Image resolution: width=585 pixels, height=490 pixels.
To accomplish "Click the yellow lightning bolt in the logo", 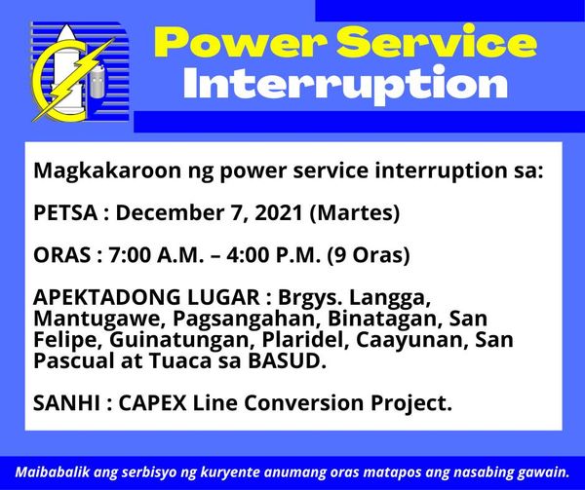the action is (74, 79).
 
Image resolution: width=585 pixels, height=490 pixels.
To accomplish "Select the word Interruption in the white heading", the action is (346, 84).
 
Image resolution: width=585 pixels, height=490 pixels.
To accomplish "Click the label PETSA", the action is (65, 213).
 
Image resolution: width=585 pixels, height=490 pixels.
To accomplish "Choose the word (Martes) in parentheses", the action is (355, 213).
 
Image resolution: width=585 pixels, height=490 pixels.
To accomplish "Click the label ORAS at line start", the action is (62, 255).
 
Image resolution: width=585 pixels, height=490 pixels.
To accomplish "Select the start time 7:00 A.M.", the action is (156, 255).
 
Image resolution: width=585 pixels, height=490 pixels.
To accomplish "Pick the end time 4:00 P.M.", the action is (273, 255).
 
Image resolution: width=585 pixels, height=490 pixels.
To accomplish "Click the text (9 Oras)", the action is (369, 255).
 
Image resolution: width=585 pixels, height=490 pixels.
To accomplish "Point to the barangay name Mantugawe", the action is (99, 319).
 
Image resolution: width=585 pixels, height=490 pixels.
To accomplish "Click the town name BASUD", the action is (285, 361).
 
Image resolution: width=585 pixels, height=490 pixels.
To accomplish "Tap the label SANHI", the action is (66, 402).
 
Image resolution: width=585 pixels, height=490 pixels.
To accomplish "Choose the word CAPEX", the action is (153, 402).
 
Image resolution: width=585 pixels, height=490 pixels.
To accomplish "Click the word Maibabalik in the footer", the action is (53, 472).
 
